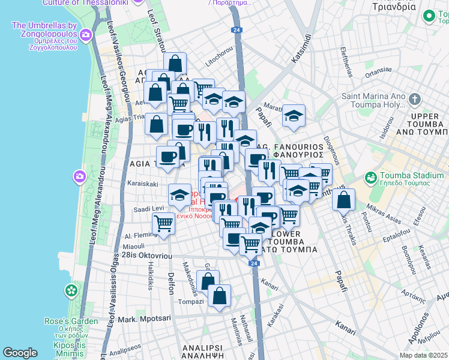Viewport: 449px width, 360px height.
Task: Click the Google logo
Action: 20,353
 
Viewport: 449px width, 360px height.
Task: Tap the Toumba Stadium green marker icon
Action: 370,178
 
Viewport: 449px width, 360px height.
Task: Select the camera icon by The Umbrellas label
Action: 86,35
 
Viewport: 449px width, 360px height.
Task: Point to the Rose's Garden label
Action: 71,321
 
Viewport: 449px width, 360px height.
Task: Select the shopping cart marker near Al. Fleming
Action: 163,224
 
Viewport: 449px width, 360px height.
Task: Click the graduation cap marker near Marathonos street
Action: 294,115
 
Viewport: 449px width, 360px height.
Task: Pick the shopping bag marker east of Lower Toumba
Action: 343,200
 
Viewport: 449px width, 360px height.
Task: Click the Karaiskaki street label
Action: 142,184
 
